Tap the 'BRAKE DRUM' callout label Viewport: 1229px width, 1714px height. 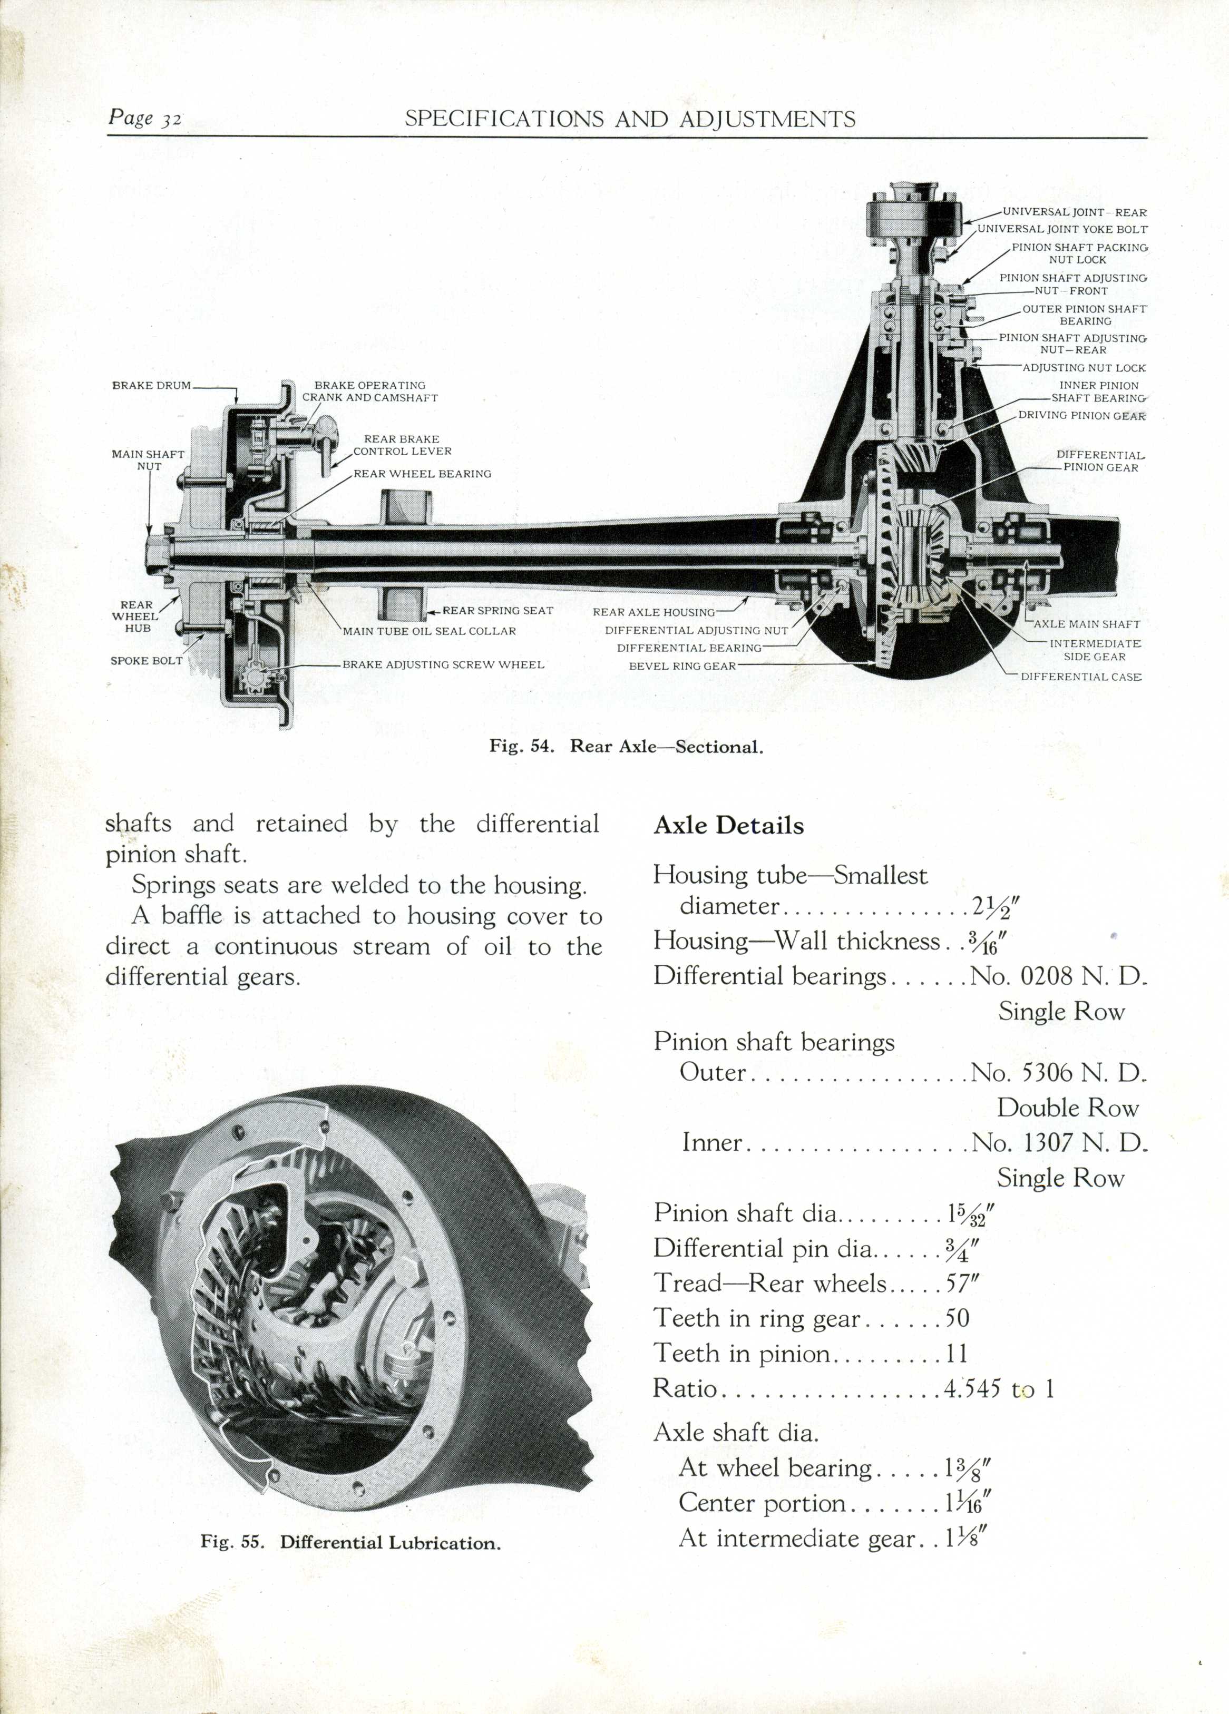click(x=151, y=385)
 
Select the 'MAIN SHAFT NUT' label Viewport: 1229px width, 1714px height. click(x=148, y=460)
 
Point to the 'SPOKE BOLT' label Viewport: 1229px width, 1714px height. click(x=147, y=661)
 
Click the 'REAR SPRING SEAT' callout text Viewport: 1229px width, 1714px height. click(x=498, y=611)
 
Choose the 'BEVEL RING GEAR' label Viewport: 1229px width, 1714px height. click(x=682, y=666)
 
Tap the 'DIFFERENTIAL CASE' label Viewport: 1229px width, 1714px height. click(x=1081, y=677)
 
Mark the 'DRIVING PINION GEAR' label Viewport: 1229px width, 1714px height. click(x=1081, y=416)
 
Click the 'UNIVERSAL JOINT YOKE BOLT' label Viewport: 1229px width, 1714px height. click(x=1062, y=229)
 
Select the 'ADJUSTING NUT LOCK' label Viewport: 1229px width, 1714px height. click(x=1084, y=368)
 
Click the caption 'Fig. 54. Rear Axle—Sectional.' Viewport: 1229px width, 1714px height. click(x=626, y=747)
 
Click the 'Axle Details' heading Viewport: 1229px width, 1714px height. click(x=729, y=825)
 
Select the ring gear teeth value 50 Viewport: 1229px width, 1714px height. click(x=958, y=1318)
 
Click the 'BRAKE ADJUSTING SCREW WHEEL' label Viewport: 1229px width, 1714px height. click(x=443, y=665)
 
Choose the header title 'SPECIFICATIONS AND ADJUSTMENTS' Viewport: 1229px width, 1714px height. click(x=630, y=119)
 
